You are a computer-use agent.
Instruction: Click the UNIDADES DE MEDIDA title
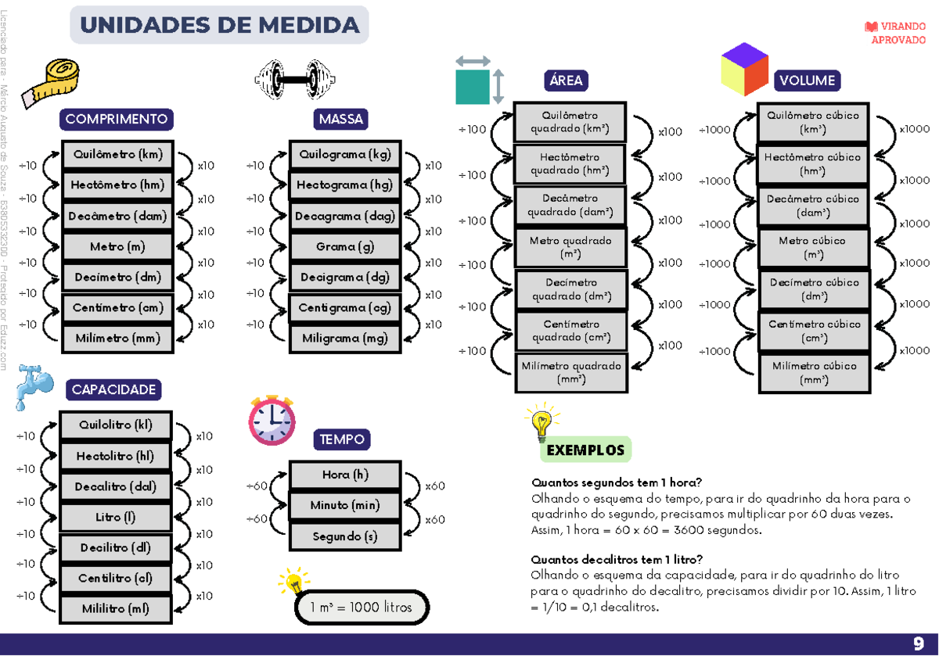click(219, 25)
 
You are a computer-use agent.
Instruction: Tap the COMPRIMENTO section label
click(117, 120)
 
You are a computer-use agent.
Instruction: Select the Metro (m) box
click(117, 247)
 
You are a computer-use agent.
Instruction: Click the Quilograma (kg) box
click(345, 155)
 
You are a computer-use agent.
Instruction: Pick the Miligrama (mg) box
click(345, 339)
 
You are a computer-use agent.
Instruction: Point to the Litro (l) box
click(116, 518)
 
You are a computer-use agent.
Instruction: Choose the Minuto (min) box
click(345, 506)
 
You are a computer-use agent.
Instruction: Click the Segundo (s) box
click(345, 537)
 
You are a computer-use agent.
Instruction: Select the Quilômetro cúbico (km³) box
click(813, 122)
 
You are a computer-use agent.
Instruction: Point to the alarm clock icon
click(271, 421)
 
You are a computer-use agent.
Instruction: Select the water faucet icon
click(33, 385)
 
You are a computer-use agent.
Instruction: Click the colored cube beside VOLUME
click(744, 69)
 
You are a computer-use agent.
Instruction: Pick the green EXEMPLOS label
click(585, 450)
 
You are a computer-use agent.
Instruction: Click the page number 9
click(918, 643)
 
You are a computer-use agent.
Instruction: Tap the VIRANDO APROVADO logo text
click(897, 33)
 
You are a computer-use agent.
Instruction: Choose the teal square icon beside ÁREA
click(473, 87)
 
